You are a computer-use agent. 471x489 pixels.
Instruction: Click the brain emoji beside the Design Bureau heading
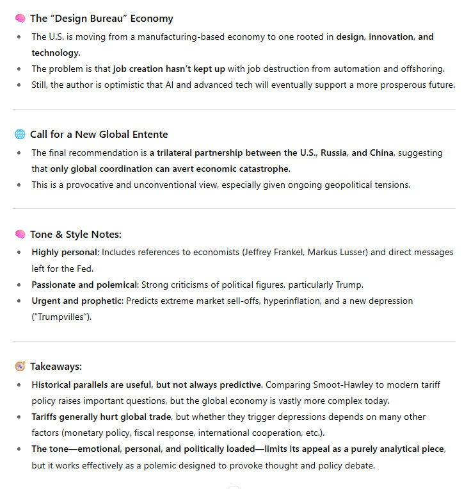(x=20, y=19)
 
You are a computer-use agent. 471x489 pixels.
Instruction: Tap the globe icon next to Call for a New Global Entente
(x=20, y=134)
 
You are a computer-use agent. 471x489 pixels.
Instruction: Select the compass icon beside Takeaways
(x=20, y=366)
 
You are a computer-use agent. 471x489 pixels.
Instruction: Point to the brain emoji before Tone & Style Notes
(x=20, y=234)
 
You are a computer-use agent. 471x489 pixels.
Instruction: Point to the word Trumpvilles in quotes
(x=61, y=317)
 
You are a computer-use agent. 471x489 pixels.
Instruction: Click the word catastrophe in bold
(x=261, y=169)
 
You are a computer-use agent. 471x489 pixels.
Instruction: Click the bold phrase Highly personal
(x=65, y=253)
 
